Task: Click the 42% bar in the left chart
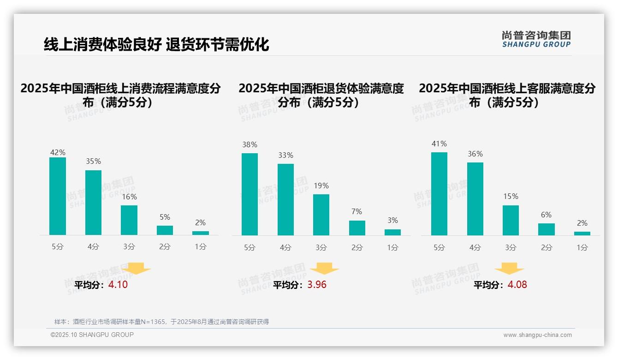tap(58, 196)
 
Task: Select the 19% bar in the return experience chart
tap(321, 215)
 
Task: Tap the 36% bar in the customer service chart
tap(475, 198)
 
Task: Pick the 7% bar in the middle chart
tap(357, 228)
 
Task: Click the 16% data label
tap(129, 197)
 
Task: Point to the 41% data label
tap(439, 144)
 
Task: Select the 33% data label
tap(285, 156)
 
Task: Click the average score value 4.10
tap(118, 285)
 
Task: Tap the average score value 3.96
tap(317, 285)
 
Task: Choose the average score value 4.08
tap(517, 285)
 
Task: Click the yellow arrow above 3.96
tap(324, 268)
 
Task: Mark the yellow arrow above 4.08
tap(509, 268)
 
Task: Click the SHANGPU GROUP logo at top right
tap(536, 39)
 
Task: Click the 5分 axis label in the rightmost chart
tap(439, 248)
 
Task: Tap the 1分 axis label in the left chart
tap(201, 247)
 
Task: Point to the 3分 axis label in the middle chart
tap(321, 248)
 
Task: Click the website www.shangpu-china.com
tap(537, 335)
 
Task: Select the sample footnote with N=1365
tap(161, 322)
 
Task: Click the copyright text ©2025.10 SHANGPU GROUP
tap(92, 335)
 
